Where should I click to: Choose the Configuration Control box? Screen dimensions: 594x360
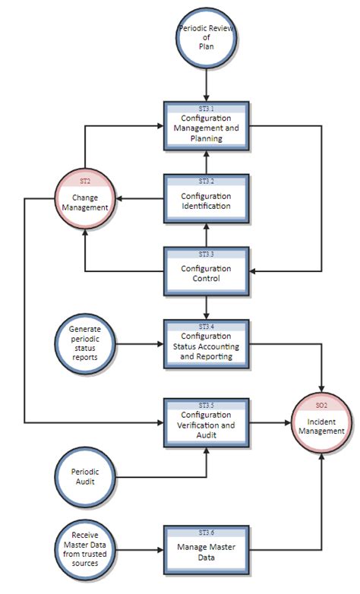[x=207, y=273]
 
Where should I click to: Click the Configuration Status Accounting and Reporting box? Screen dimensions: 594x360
[x=207, y=346]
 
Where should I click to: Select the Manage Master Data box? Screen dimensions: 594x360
[x=207, y=548]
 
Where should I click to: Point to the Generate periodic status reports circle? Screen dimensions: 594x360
[x=84, y=346]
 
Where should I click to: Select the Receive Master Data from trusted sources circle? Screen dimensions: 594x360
[x=84, y=548]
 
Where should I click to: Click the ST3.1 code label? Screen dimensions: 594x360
[x=207, y=109]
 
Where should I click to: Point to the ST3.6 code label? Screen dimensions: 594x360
[x=207, y=531]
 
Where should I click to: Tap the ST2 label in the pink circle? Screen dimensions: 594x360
[x=84, y=182]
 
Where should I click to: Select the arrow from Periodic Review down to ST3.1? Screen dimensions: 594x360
[x=207, y=82]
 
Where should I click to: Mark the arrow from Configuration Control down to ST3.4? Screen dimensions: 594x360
[x=207, y=305]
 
